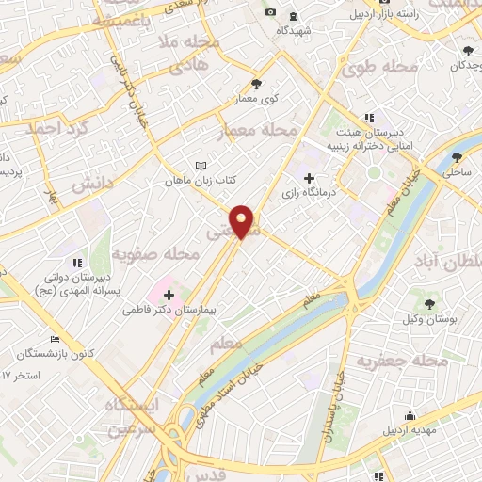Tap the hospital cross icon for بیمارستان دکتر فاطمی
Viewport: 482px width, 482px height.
click(x=169, y=295)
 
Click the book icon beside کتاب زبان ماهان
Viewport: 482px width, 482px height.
click(x=200, y=166)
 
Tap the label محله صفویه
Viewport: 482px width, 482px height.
click(x=155, y=254)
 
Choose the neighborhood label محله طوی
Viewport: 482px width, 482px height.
click(x=373, y=69)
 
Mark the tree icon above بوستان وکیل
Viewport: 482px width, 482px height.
click(x=430, y=304)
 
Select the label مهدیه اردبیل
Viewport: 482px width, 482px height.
click(x=410, y=430)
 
